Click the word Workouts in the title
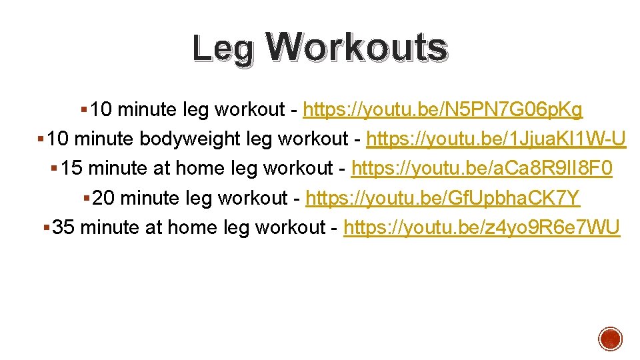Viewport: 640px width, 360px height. [x=356, y=47]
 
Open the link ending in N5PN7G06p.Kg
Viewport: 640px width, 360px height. [x=443, y=109]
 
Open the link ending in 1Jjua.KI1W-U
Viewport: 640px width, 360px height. [x=496, y=139]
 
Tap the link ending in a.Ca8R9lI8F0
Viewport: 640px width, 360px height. [x=481, y=169]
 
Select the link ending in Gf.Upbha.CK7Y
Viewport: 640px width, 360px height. [x=443, y=198]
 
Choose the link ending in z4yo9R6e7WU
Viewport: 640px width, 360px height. [x=481, y=227]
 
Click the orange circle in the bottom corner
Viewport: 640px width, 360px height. [x=610, y=339]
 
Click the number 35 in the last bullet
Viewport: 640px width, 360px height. [x=63, y=227]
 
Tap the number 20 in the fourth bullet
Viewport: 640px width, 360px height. [x=104, y=198]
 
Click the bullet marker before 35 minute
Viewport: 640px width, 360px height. [x=45, y=228]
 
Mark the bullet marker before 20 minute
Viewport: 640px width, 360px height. [x=86, y=199]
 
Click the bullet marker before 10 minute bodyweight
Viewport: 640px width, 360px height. [x=41, y=139]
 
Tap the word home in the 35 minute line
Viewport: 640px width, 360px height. [x=193, y=227]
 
